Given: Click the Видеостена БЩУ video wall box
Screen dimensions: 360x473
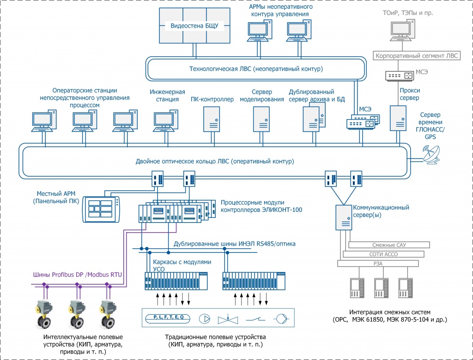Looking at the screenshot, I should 194,26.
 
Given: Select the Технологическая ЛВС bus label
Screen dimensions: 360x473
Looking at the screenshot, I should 256,69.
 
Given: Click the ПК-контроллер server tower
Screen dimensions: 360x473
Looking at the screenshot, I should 212,119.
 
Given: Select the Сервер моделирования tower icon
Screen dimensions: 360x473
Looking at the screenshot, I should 261,119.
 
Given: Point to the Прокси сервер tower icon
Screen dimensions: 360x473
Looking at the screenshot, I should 397,118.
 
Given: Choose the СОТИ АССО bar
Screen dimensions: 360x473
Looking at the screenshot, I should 383,254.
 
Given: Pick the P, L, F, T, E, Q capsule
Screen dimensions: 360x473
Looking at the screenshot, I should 165,318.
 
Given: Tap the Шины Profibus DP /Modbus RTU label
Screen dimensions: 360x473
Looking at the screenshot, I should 77,275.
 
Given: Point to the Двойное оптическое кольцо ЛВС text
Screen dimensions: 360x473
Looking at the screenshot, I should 215,162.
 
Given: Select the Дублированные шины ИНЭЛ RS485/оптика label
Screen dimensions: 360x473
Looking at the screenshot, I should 234,244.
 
